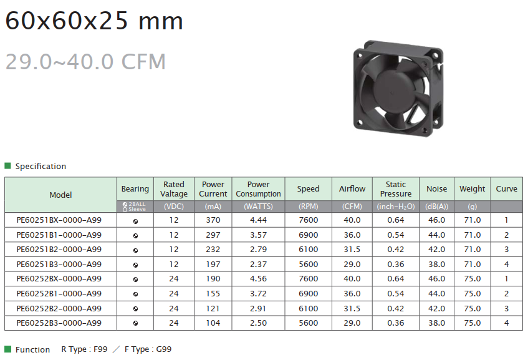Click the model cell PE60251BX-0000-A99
[x=59, y=220]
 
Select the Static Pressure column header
[x=396, y=189]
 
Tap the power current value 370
[x=213, y=220]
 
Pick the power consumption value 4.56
[x=258, y=279]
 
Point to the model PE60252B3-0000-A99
[x=59, y=323]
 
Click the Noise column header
[x=437, y=189]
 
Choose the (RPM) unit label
[x=308, y=207]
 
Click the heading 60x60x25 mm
[x=94, y=21]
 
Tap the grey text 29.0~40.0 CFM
[x=85, y=62]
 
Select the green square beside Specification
[x=7, y=165]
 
